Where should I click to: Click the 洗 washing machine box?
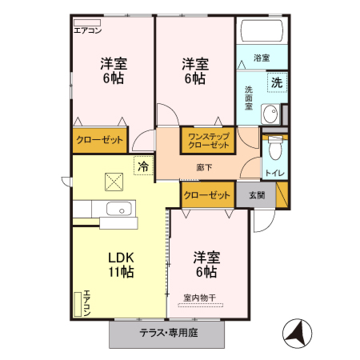click(x=275, y=82)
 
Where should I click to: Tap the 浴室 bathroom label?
click(x=261, y=58)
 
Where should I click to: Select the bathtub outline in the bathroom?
click(x=261, y=33)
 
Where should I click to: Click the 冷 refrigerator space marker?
click(x=142, y=166)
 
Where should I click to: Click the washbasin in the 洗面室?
click(x=270, y=113)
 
